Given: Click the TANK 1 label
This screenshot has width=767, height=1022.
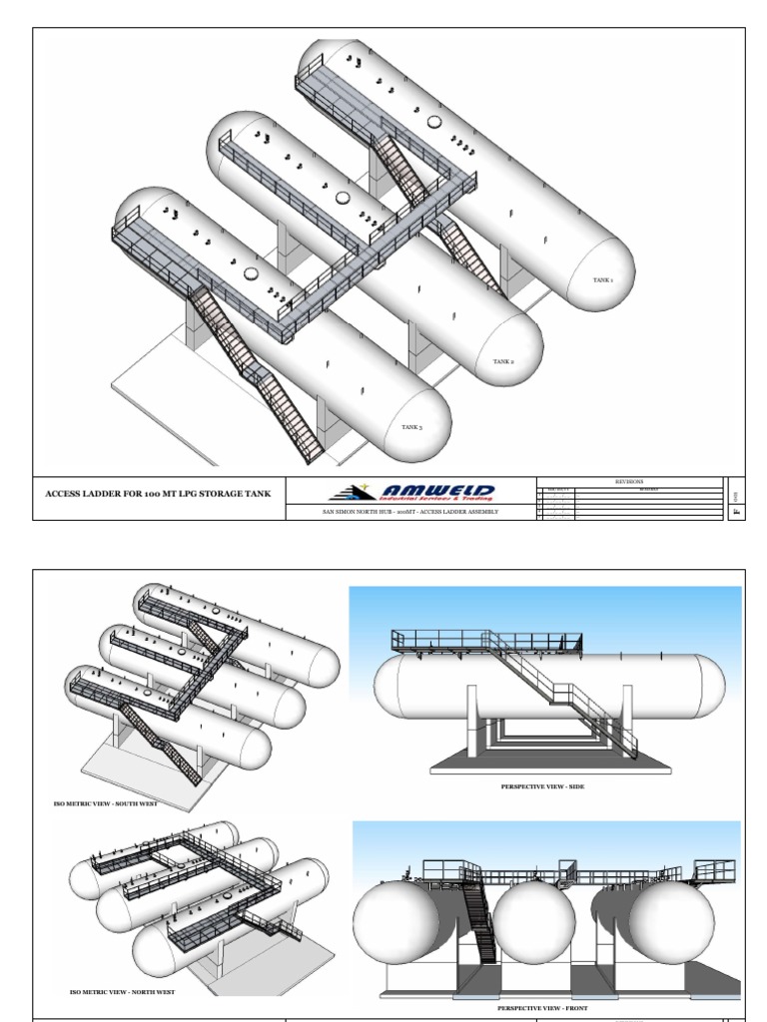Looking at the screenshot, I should (x=603, y=280).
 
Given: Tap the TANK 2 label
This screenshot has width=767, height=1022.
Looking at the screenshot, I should (x=503, y=361).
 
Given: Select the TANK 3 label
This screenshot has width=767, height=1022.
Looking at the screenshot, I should (x=411, y=427).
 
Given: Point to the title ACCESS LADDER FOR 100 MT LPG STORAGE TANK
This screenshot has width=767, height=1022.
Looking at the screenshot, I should (x=158, y=493).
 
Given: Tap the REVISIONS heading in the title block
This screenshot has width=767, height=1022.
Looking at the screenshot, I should (x=630, y=480).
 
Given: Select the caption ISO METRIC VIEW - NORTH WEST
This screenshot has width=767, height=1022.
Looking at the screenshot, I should (x=122, y=993).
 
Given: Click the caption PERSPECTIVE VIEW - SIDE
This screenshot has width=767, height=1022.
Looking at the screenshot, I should (x=543, y=787).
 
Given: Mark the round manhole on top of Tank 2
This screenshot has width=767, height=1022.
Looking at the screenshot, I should (x=344, y=199).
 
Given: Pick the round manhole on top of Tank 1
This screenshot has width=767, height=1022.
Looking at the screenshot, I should (x=434, y=122).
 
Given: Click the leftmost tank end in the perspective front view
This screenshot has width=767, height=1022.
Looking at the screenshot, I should (x=395, y=924).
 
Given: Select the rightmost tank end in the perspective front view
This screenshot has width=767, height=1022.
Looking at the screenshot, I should (x=670, y=924).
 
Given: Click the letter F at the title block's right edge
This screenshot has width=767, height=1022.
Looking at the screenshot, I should (x=736, y=510).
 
